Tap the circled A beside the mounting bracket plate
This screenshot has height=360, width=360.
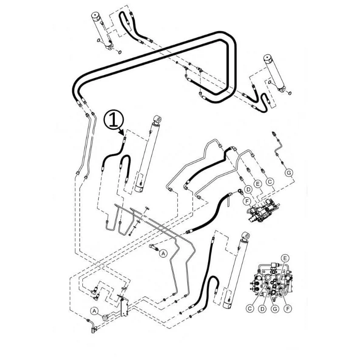(x=94, y=311)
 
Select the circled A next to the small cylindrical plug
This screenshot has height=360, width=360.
(x=164, y=253)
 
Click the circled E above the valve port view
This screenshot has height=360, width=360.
(x=285, y=258)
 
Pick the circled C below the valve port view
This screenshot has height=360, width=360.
(x=250, y=309)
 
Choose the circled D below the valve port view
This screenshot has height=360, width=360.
(x=262, y=309)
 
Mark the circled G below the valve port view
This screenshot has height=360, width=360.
(x=275, y=309)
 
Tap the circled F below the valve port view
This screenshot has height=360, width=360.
(x=288, y=309)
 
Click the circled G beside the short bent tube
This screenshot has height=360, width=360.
(x=289, y=172)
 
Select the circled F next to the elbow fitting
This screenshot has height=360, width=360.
(x=247, y=201)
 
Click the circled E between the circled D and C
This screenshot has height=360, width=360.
(x=258, y=184)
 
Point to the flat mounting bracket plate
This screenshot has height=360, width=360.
(x=124, y=306)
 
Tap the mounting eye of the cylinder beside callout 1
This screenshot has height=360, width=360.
(x=158, y=119)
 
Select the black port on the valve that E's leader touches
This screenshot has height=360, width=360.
(x=278, y=284)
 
